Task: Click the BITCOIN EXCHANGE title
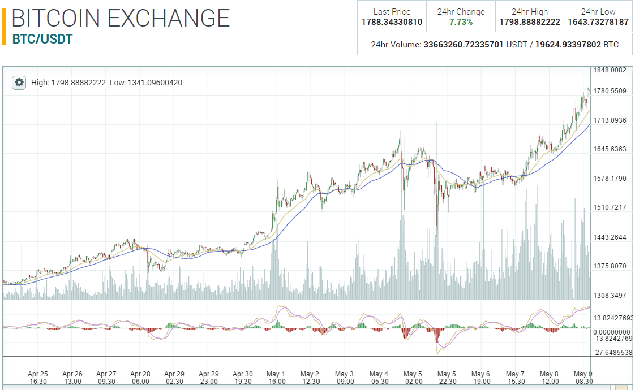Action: pos(121,18)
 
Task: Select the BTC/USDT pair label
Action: pos(42,39)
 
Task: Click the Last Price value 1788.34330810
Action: pos(392,22)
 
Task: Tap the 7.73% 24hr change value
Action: pos(461,22)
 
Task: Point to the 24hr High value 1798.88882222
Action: pos(530,22)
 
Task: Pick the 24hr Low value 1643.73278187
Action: pos(598,22)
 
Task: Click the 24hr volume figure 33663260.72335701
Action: pos(464,45)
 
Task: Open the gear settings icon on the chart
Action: pos(19,83)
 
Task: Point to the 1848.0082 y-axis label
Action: pos(610,70)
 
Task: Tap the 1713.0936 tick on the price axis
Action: pos(610,120)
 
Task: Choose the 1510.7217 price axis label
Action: pos(610,207)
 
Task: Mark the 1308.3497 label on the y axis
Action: pos(610,295)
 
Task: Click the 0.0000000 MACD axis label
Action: pos(612,332)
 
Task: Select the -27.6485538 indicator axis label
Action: pos(612,353)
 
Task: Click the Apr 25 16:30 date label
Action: pos(38,378)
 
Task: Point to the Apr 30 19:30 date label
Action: pos(242,378)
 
